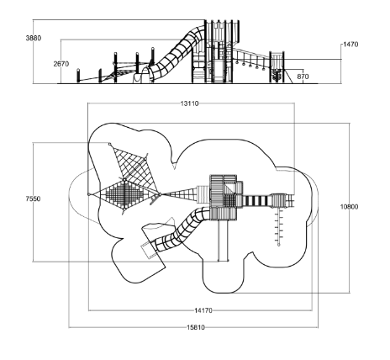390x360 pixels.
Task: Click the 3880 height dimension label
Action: pos(34,38)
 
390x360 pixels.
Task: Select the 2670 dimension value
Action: pos(61,64)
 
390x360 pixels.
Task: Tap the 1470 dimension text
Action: pos(350,45)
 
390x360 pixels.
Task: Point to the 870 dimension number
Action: pos(303,77)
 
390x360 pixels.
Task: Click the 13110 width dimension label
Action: pos(189,103)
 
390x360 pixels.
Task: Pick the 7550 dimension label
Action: pos(33,199)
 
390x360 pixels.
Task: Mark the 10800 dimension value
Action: pos(349,207)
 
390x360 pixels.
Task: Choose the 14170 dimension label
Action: pos(203,310)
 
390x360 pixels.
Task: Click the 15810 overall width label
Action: pos(196,327)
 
